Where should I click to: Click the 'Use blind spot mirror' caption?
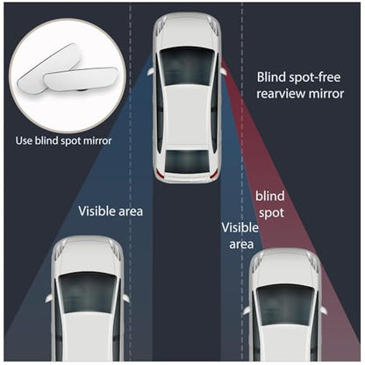coord(63,140)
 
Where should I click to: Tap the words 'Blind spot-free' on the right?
coord(298,77)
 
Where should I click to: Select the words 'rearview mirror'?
coord(300,94)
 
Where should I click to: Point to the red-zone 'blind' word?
coord(270,196)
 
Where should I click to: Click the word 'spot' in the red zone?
coord(271,212)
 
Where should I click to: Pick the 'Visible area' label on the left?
coord(111,211)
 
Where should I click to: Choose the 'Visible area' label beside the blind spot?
coord(240,236)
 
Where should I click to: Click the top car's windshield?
coord(187,67)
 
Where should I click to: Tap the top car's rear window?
coord(187,161)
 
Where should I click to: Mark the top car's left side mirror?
coord(150,72)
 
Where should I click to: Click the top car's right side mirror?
coord(223,71)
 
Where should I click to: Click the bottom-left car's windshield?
coord(88,293)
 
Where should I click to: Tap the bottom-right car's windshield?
coord(285,305)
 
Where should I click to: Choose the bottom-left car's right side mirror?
coord(126,298)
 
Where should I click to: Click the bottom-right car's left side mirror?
coord(247,311)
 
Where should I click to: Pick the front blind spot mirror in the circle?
coord(81,80)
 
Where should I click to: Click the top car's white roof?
coord(186,117)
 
